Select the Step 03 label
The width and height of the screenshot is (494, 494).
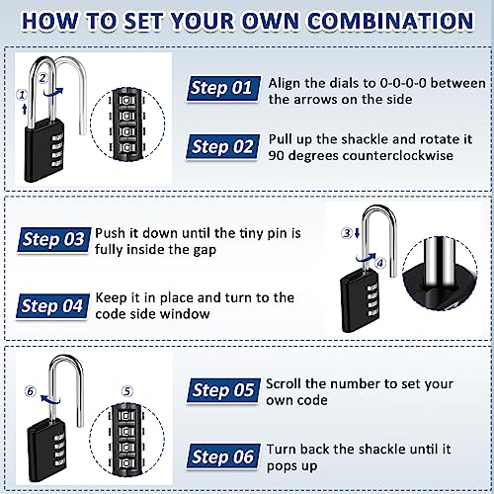click(53, 238)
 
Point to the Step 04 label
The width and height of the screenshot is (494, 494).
click(53, 305)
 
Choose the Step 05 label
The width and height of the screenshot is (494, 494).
click(222, 389)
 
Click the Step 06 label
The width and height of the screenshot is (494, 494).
click(223, 456)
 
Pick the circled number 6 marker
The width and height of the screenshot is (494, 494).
click(33, 391)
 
